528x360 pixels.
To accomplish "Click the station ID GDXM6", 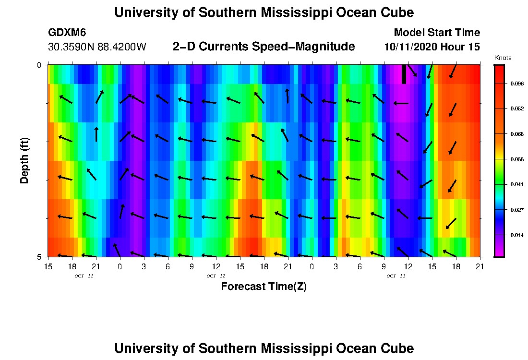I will (67, 33).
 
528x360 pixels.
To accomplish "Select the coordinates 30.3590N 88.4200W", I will (97, 47).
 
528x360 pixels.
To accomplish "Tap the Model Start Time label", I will (436, 33).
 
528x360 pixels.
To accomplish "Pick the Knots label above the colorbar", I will (503, 58).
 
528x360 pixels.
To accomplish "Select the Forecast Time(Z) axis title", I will (264, 287).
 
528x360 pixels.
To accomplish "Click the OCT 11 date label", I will (84, 276).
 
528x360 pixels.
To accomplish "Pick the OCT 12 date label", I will (216, 276).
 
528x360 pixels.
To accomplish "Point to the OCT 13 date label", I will (396, 276).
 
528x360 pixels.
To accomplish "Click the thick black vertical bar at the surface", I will (404, 74).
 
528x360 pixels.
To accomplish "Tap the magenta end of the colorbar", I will (499, 252).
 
